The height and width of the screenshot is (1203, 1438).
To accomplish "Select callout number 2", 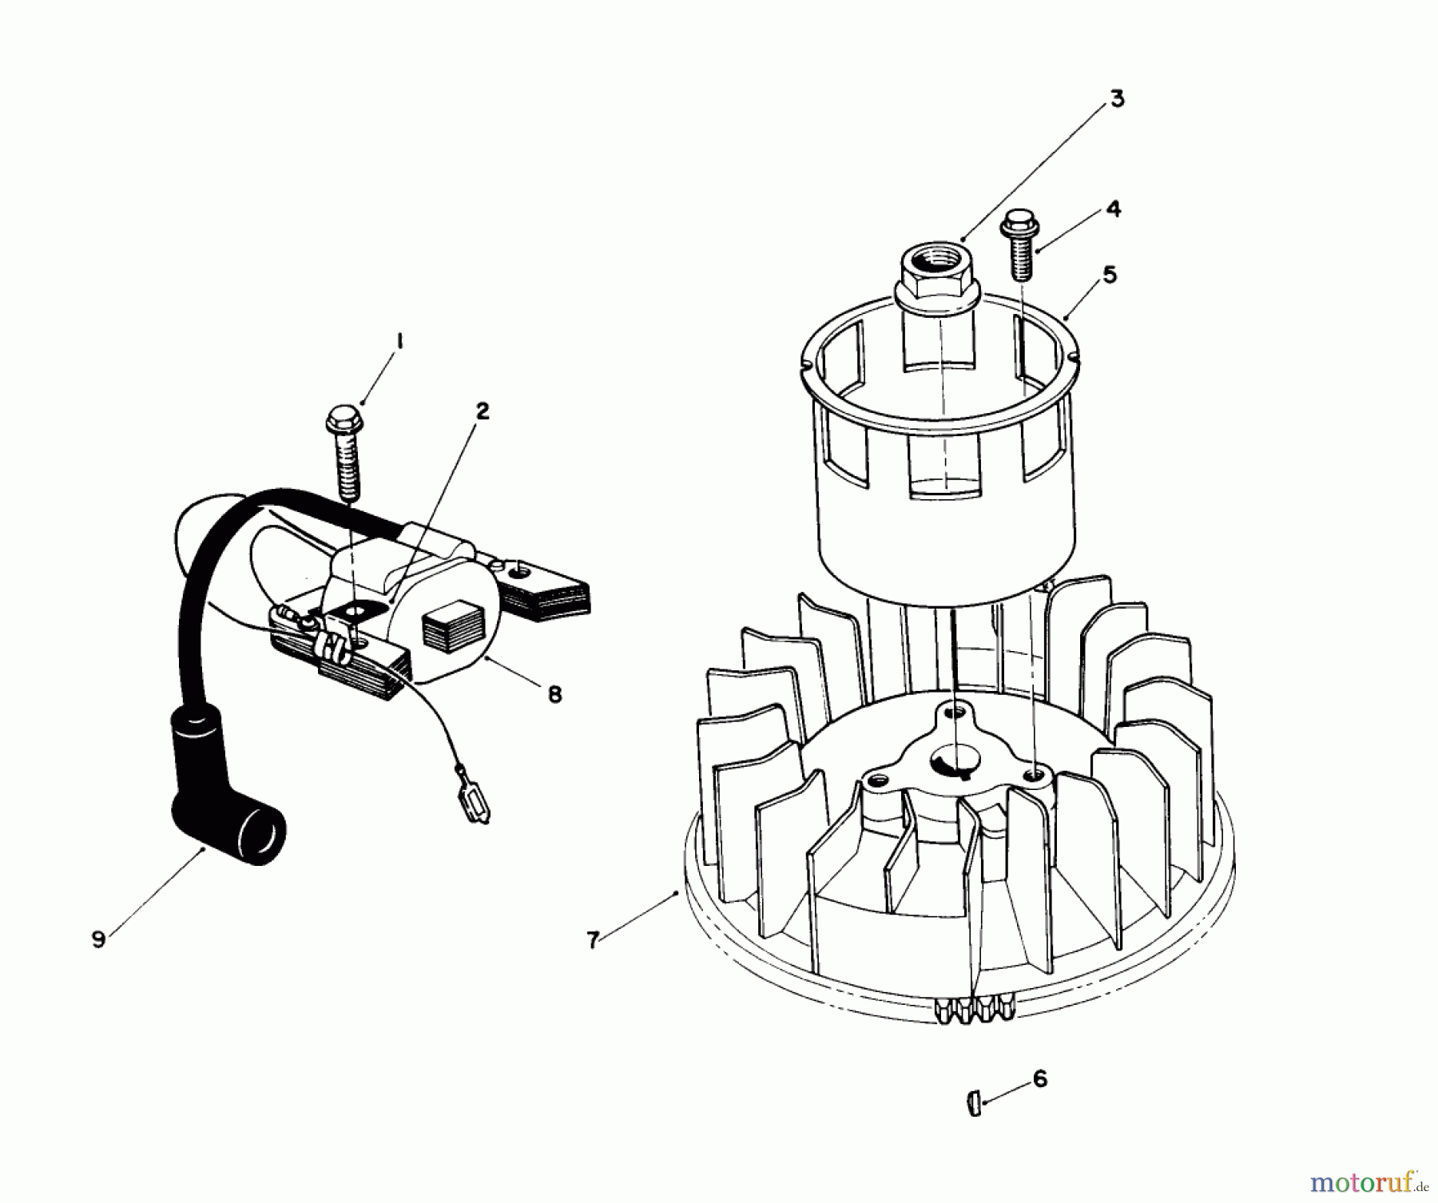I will tap(482, 411).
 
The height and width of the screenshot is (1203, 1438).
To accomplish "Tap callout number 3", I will tap(1116, 99).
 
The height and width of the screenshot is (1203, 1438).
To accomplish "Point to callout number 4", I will tap(1114, 209).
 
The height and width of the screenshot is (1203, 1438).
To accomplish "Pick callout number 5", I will tap(1110, 275).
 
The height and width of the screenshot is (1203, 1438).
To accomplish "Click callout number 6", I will tap(1039, 1079).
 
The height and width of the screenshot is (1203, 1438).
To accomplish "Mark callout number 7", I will tap(593, 941).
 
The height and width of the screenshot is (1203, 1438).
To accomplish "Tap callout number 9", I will tap(98, 939).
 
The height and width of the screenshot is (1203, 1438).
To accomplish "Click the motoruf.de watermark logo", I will tap(1371, 1180).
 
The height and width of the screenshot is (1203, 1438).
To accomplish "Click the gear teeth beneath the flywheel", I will tap(973, 1010).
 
